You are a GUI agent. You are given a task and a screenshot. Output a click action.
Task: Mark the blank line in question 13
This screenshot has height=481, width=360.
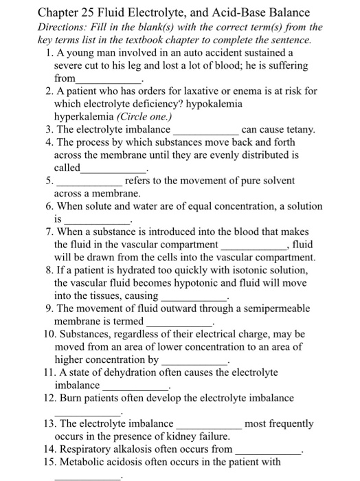pyautogui.click(x=208, y=427)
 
